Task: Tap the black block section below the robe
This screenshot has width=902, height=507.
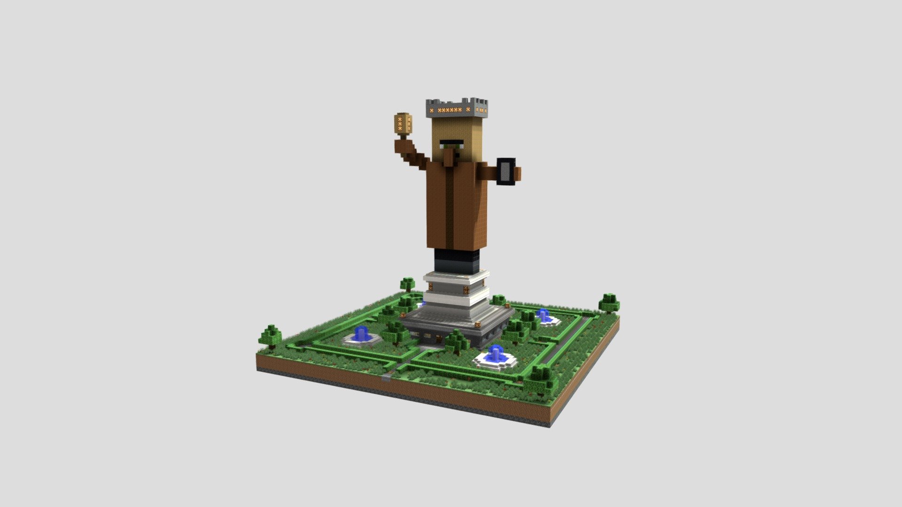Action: pyautogui.click(x=456, y=261)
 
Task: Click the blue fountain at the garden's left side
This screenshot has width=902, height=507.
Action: pyautogui.click(x=361, y=334)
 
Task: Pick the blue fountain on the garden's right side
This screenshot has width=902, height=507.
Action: pyautogui.click(x=544, y=315)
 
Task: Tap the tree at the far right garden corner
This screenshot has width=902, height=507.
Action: pyautogui.click(x=609, y=302)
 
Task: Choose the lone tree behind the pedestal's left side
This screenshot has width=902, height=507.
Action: pyautogui.click(x=407, y=284)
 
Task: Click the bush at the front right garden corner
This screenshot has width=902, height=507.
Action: pyautogui.click(x=540, y=378)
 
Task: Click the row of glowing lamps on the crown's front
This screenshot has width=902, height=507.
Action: pyautogui.click(x=450, y=110)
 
